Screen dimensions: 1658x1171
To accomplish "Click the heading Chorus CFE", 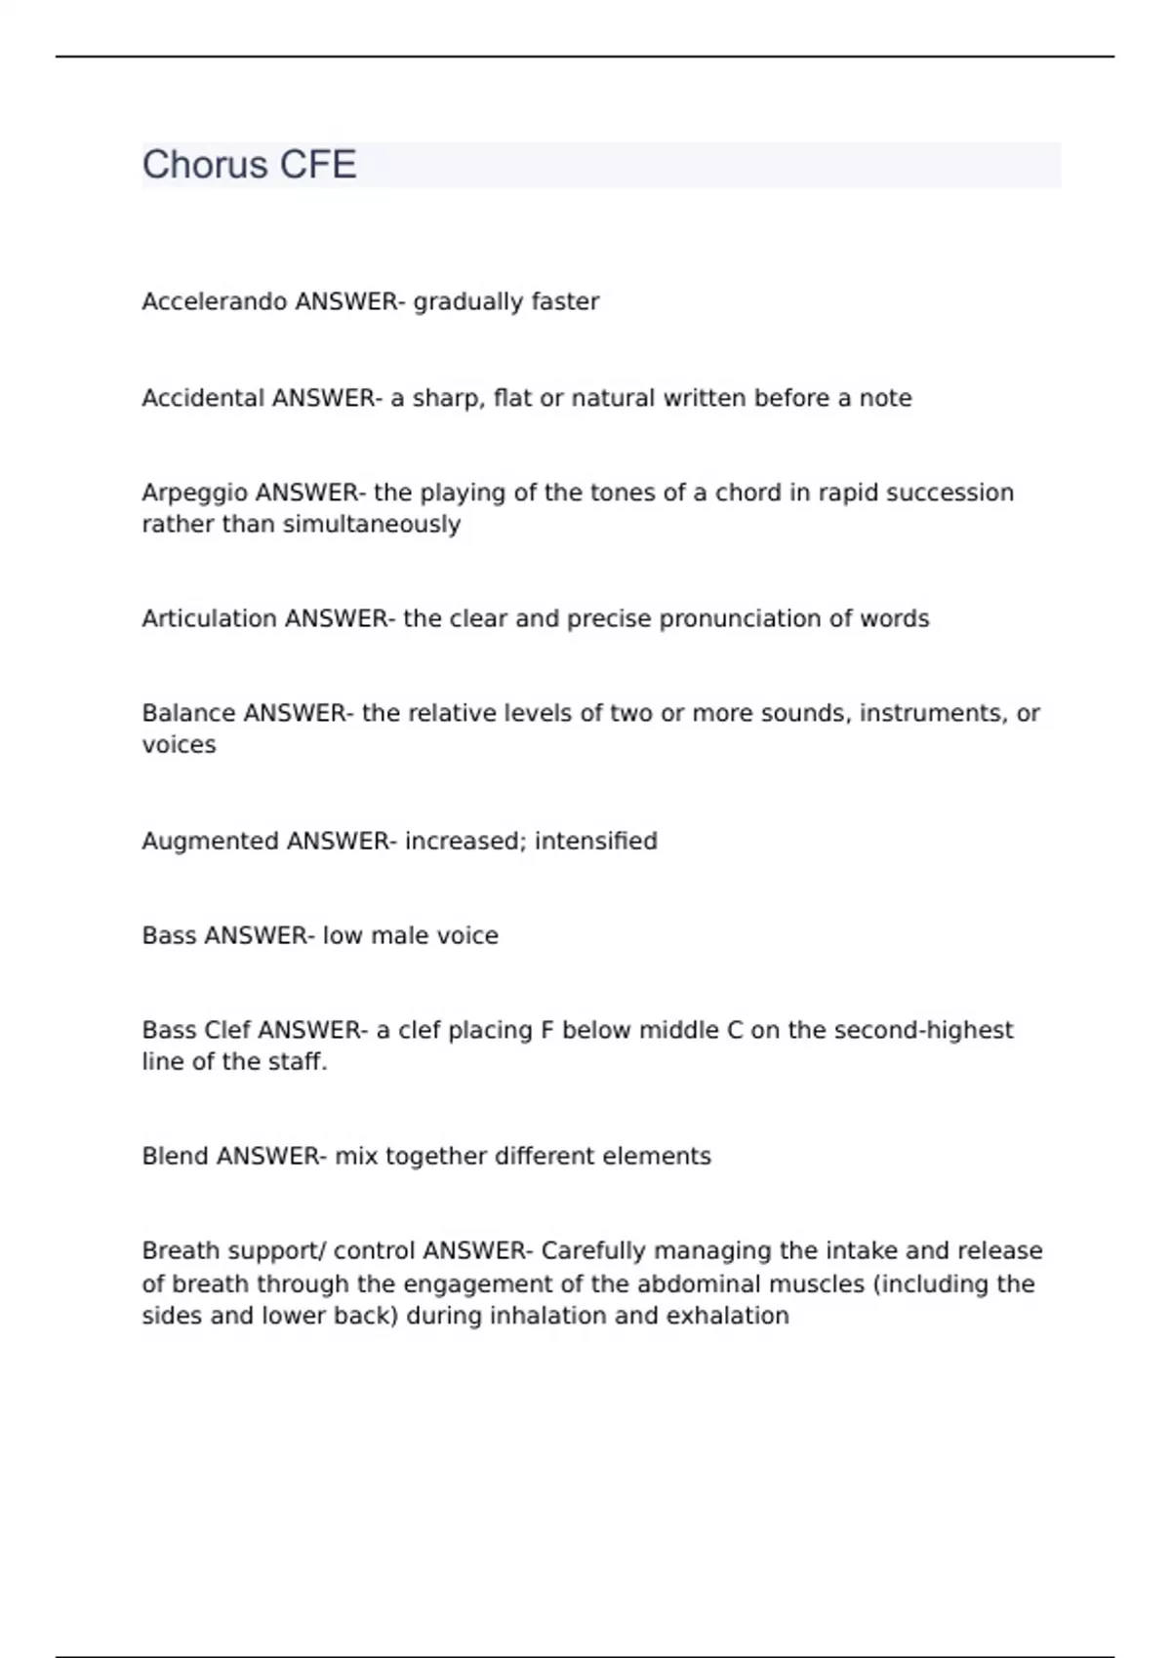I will click(x=249, y=165).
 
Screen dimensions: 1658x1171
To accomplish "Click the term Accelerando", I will click(x=215, y=302).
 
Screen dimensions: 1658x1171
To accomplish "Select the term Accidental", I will click(x=203, y=398).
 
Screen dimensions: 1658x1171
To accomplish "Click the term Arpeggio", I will click(x=194, y=493).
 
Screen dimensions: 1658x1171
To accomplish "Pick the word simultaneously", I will click(x=371, y=525).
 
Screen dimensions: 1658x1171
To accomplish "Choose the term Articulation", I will click(x=209, y=619).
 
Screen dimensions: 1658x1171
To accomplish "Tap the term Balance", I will click(x=188, y=714).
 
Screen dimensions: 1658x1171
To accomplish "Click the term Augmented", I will click(x=210, y=841).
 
